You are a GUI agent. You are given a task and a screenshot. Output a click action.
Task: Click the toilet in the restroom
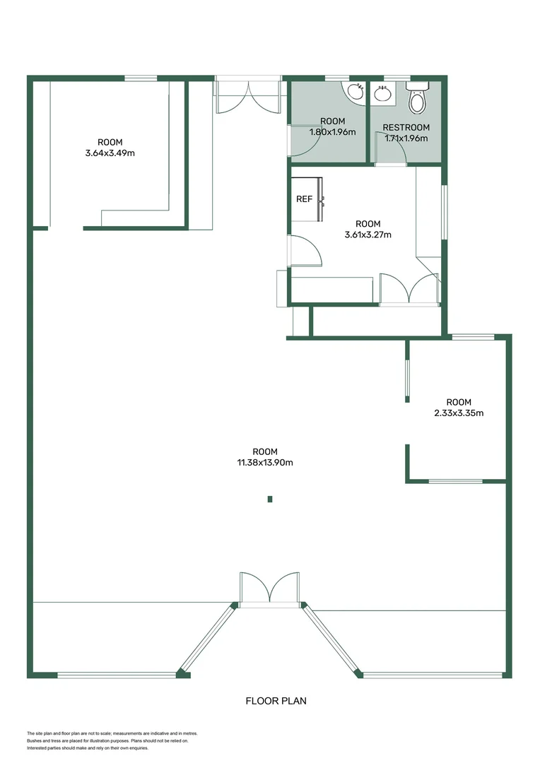pyautogui.click(x=418, y=100)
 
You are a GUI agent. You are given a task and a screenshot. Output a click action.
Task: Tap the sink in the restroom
pyautogui.click(x=382, y=93)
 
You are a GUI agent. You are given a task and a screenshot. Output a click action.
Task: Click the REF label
pyautogui.click(x=304, y=199)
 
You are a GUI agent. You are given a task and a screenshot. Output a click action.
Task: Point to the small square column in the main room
pyautogui.click(x=270, y=499)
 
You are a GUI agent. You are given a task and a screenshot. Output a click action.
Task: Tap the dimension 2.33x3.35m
pyautogui.click(x=459, y=413)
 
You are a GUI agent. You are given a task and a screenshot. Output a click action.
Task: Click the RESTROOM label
pyautogui.click(x=406, y=128)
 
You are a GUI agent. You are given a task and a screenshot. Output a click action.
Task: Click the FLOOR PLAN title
pyautogui.click(x=276, y=701)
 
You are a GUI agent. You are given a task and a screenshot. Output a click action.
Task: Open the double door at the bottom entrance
pyautogui.click(x=269, y=590)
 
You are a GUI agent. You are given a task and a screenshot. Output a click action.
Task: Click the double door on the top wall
pyautogui.click(x=248, y=95)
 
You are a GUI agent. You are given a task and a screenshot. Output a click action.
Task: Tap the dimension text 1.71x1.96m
pyautogui.click(x=406, y=138)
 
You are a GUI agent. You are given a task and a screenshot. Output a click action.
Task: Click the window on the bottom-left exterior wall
pyautogui.click(x=117, y=675)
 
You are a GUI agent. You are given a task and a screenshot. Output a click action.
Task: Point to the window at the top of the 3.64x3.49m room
pyautogui.click(x=141, y=78)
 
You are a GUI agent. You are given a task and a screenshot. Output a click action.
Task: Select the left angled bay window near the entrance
pyautogui.click(x=208, y=637)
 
